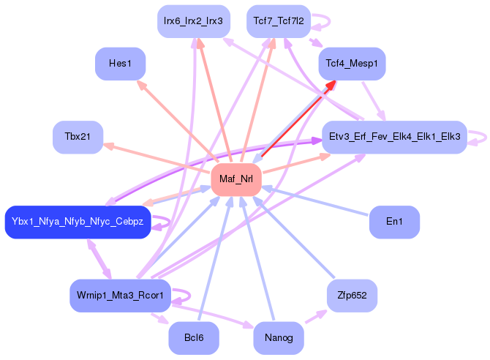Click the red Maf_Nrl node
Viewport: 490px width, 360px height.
[x=236, y=179]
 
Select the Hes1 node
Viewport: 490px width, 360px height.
[x=121, y=64]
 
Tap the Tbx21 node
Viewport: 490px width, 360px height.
[x=78, y=137]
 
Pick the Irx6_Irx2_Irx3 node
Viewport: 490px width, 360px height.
[x=194, y=21]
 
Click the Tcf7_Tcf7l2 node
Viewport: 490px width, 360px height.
[x=279, y=21]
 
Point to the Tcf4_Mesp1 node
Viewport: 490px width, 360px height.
[x=353, y=64]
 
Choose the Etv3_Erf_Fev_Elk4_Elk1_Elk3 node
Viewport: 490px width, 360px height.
[x=394, y=137]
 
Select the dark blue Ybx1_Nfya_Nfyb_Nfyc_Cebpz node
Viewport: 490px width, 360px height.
[x=78, y=222]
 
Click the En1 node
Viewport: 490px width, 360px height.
[x=394, y=222]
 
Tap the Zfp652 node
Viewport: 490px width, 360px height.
[x=353, y=296]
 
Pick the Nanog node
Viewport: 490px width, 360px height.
[x=279, y=338]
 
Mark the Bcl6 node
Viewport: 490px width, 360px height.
[x=194, y=338]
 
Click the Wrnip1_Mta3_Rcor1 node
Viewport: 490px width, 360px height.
[x=121, y=296]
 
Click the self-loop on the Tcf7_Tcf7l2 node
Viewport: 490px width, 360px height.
[x=329, y=21]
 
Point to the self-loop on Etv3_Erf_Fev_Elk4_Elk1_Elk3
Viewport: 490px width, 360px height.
[x=486, y=138]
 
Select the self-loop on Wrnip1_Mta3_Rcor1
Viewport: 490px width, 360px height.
[x=189, y=296]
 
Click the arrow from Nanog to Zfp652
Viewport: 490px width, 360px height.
[x=316, y=317]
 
